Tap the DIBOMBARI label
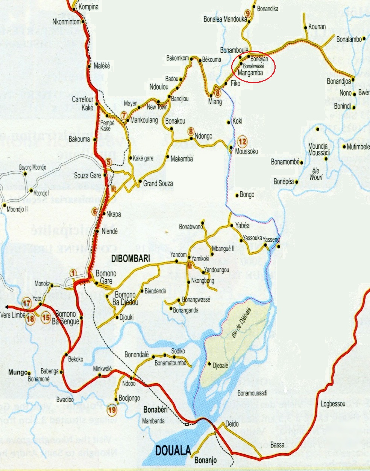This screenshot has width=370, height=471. point(130,258)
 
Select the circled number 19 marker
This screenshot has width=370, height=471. point(112,410)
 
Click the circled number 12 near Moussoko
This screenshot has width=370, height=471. point(243,142)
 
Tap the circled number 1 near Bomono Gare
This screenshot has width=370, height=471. point(73,273)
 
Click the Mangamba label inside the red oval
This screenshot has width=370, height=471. point(250,73)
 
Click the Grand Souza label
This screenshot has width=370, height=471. point(158,183)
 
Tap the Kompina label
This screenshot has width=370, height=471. point(88,7)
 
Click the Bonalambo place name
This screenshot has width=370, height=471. point(349,39)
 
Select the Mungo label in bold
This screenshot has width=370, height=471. point(18,373)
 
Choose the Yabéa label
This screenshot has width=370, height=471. point(242,226)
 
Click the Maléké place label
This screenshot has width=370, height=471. point(102,66)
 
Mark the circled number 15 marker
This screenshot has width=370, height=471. point(46,318)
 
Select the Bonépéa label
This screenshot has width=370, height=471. point(283,181)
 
